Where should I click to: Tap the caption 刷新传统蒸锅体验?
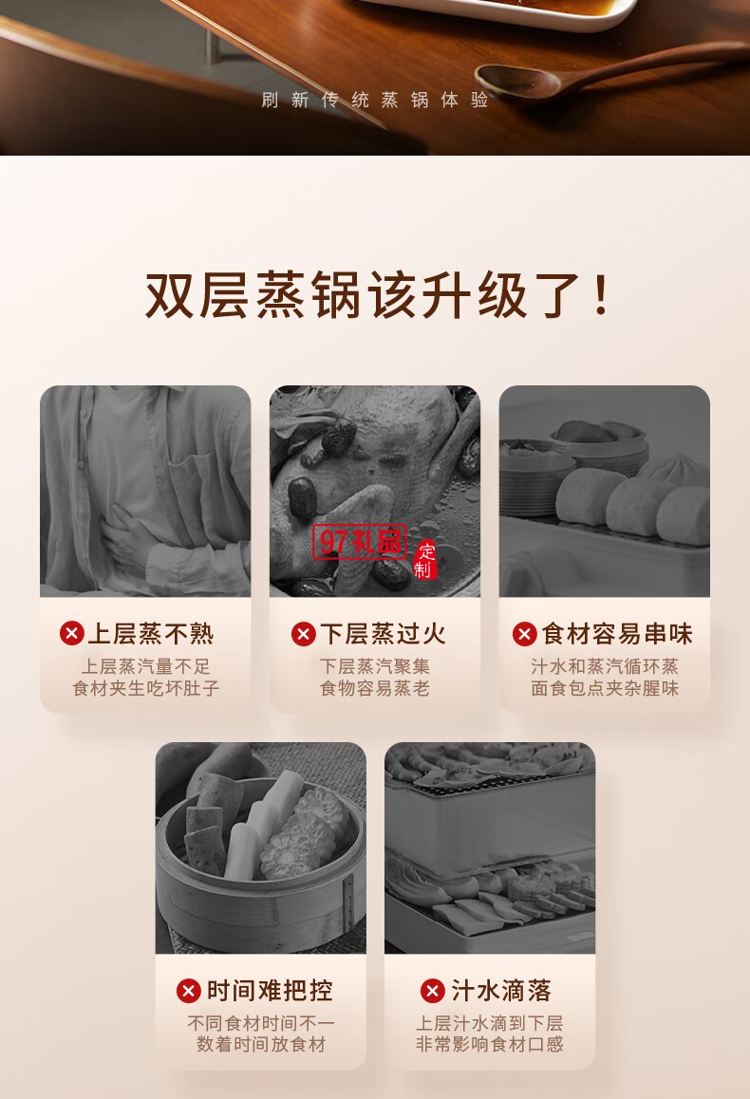pyautogui.click(x=375, y=101)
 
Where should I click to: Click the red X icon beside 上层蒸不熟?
pyautogui.click(x=72, y=634)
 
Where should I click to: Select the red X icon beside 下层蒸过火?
pyautogui.click(x=304, y=634)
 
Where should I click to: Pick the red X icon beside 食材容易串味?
pyautogui.click(x=525, y=634)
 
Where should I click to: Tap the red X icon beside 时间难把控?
pyautogui.click(x=189, y=991)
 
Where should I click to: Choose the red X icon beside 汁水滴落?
pyautogui.click(x=433, y=991)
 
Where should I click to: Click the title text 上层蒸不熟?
pyautogui.click(x=151, y=634)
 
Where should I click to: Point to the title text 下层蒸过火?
pyautogui.click(x=383, y=634)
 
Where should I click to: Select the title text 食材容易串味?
pyautogui.click(x=617, y=634)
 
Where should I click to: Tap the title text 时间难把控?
pyautogui.click(x=270, y=991)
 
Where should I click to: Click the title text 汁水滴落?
pyautogui.click(x=501, y=991)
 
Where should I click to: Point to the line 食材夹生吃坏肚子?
pyautogui.click(x=146, y=689)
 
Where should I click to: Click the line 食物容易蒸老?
pyautogui.click(x=375, y=689)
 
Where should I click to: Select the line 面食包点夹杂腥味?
pyautogui.click(x=605, y=689)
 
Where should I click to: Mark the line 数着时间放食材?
pyautogui.click(x=261, y=1045)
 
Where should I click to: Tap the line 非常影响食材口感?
pyautogui.click(x=490, y=1045)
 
